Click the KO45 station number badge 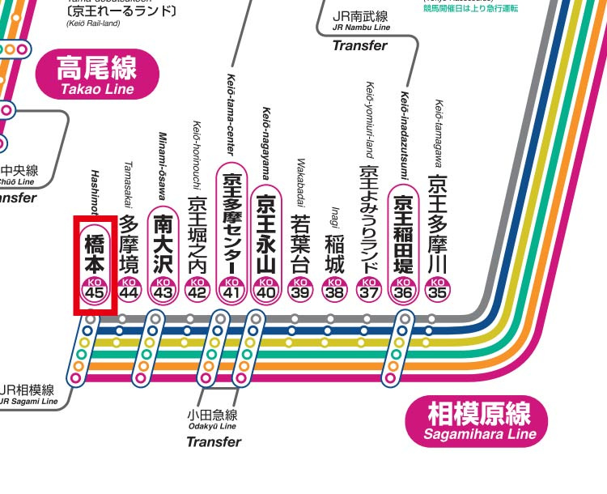tap(95, 288)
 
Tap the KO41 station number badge tap(231, 288)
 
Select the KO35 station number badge tap(438, 288)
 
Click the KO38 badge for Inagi tap(334, 288)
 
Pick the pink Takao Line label tap(96, 75)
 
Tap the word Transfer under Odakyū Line tap(214, 441)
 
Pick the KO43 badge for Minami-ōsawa tap(163, 288)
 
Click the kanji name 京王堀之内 tap(197, 236)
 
